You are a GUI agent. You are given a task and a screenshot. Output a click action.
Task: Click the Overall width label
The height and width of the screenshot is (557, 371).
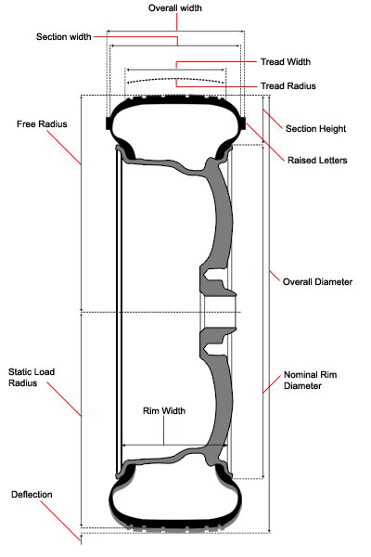pos(174,8)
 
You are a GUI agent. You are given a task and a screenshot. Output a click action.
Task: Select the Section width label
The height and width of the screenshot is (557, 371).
pos(64,37)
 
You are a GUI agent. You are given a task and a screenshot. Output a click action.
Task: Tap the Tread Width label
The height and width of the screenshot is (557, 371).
pos(286,62)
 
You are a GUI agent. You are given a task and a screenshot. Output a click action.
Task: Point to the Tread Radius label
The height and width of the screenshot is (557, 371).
pos(288,86)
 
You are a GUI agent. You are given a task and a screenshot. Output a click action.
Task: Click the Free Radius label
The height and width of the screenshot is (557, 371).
pos(42,124)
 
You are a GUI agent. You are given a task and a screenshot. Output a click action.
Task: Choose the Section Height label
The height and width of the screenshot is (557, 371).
pos(315,129)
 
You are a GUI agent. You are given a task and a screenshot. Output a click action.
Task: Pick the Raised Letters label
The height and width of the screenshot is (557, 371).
pos(317,161)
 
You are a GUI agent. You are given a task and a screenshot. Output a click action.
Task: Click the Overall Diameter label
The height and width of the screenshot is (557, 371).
pos(317,282)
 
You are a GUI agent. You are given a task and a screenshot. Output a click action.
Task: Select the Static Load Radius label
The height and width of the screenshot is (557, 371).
pos(32,377)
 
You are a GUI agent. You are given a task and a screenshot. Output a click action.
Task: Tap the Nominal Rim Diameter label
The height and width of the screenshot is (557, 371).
pos(311,380)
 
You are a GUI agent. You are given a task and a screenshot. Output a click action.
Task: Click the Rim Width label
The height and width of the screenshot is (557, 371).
pos(164,411)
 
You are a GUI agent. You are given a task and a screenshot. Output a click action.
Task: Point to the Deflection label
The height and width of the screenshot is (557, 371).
pos(32,495)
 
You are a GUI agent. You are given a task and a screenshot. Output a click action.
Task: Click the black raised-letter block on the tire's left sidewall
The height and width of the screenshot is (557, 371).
pos(109,123)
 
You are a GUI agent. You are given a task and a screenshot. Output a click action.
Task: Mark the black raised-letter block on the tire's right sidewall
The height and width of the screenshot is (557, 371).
pos(243,123)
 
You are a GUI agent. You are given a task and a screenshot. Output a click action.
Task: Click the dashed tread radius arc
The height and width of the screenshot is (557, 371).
pos(176,79)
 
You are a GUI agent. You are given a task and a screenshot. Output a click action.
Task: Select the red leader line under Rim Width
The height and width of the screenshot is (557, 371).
pos(163,430)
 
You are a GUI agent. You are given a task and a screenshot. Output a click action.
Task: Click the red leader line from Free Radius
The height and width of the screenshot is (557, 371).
pos(64,148)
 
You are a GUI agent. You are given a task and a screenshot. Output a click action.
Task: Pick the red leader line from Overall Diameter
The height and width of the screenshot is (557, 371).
pos(275,276)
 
